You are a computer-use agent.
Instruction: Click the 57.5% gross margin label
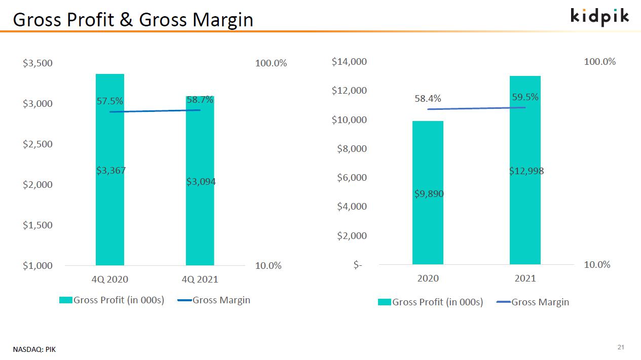109,101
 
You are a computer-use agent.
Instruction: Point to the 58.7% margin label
200,100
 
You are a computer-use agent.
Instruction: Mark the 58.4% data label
428,99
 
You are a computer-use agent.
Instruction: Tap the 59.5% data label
525,97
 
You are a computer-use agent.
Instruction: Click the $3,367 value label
111,171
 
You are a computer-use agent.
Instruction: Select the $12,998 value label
526,171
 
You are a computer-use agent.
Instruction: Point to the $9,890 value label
429,194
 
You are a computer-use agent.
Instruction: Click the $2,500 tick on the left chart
37,144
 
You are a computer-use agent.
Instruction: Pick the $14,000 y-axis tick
349,62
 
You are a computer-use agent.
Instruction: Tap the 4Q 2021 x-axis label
200,279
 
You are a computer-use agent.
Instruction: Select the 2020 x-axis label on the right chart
428,278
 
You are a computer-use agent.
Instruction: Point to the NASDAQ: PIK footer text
34,349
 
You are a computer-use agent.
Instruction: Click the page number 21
621,347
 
